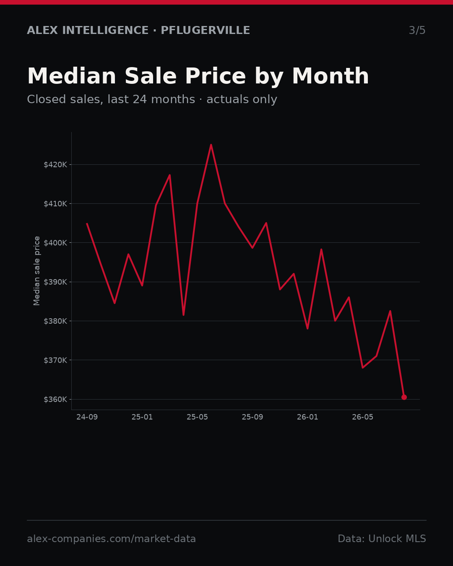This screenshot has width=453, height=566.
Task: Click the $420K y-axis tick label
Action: (55, 165)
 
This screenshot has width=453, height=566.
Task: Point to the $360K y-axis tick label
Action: (55, 400)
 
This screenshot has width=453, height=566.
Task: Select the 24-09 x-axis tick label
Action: (87, 417)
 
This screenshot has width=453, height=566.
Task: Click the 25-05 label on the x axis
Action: (197, 417)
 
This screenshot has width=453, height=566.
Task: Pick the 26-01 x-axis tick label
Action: (307, 417)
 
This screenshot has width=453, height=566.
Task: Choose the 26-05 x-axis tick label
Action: (363, 417)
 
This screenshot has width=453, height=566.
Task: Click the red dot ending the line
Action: (404, 397)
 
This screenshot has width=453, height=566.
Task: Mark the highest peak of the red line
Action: (211, 145)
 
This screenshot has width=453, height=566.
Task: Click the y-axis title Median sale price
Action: (37, 271)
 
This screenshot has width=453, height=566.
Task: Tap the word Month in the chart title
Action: (331, 76)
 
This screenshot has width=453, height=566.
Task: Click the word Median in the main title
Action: (72, 76)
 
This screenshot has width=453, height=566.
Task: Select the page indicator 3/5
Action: (417, 30)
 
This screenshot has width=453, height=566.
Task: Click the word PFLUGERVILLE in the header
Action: (205, 30)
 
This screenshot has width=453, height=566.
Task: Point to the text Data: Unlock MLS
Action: (382, 539)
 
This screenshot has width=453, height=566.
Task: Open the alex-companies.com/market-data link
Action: (111, 539)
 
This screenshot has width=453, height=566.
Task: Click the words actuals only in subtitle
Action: (242, 99)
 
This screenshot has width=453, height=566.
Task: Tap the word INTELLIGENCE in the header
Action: (105, 30)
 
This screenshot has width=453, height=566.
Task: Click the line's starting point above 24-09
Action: (87, 223)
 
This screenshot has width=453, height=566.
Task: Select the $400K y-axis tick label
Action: (55, 243)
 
